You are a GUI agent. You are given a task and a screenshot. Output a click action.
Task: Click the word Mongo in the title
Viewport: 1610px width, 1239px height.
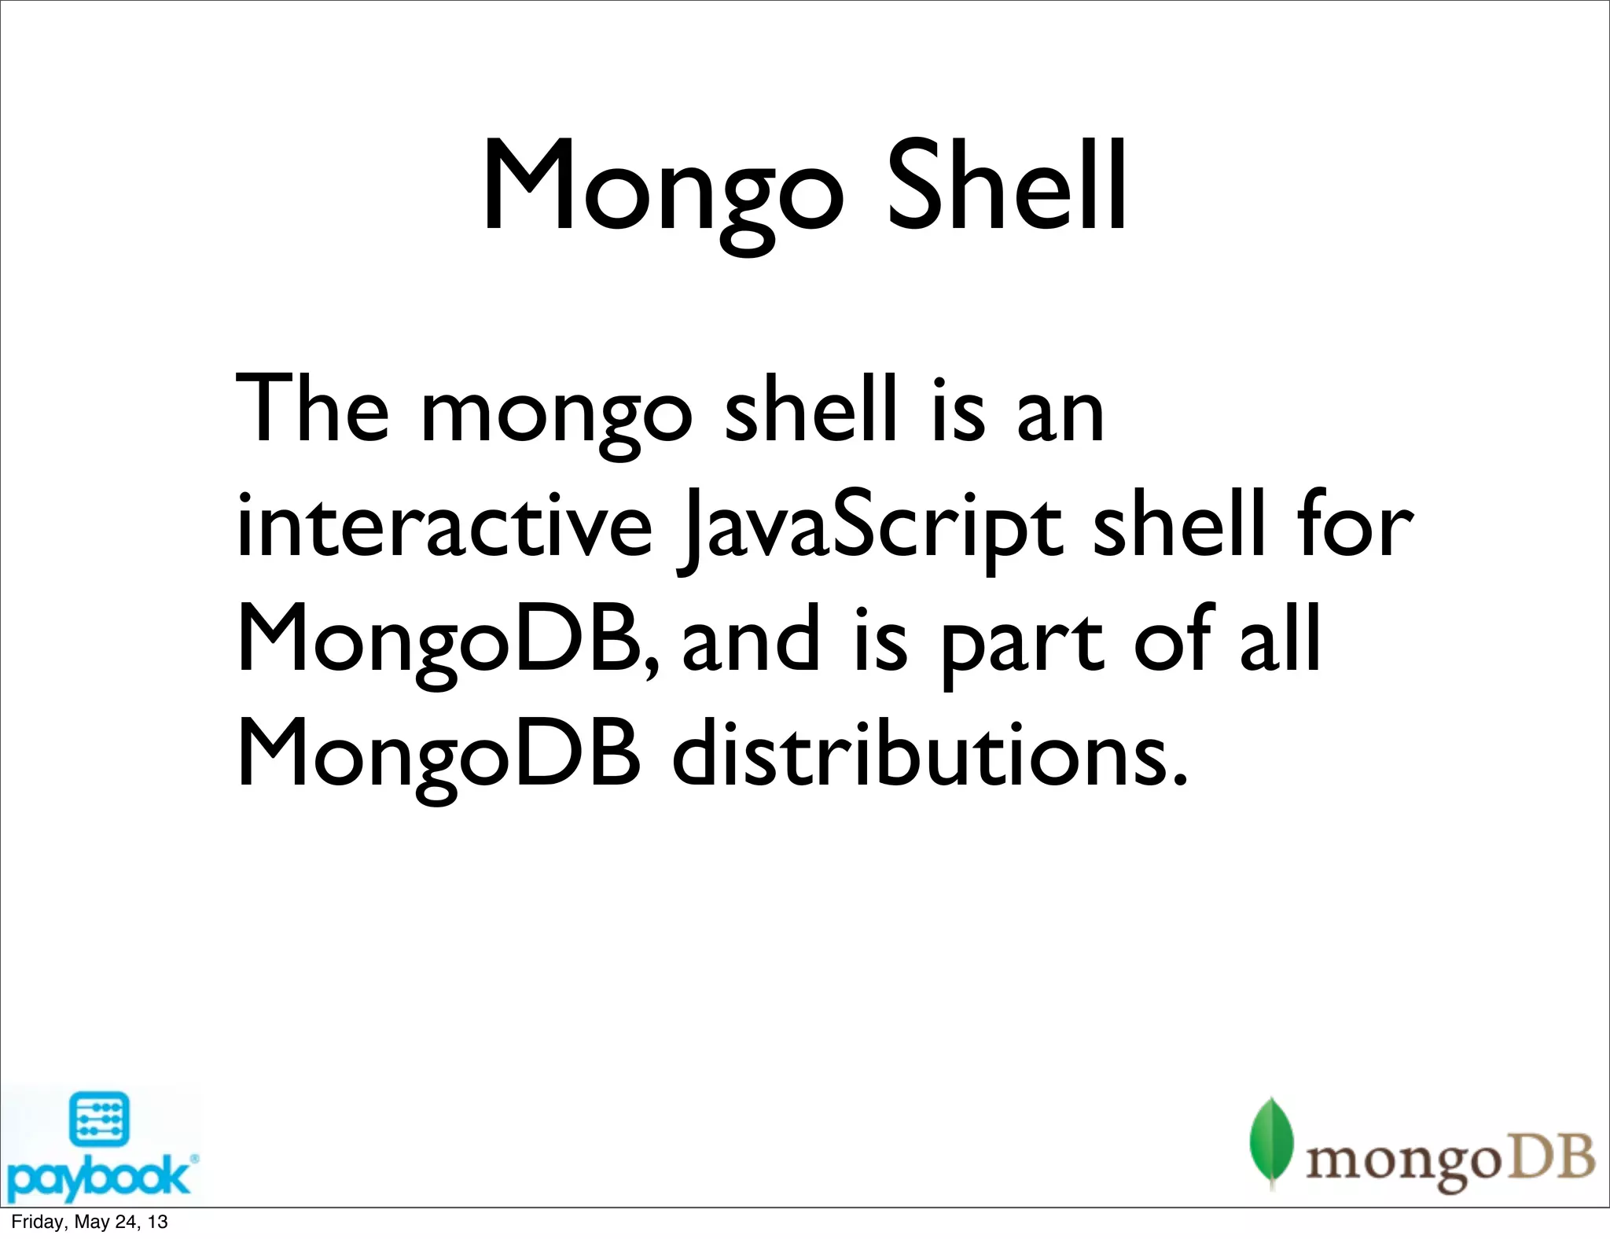(663, 189)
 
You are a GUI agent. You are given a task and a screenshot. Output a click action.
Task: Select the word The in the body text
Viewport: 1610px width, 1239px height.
(312, 410)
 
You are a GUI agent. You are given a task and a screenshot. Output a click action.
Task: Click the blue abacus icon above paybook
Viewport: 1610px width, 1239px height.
(99, 1118)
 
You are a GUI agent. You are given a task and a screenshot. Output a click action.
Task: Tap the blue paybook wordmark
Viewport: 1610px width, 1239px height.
(98, 1178)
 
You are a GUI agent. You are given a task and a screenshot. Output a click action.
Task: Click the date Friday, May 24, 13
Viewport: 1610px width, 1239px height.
(90, 1222)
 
